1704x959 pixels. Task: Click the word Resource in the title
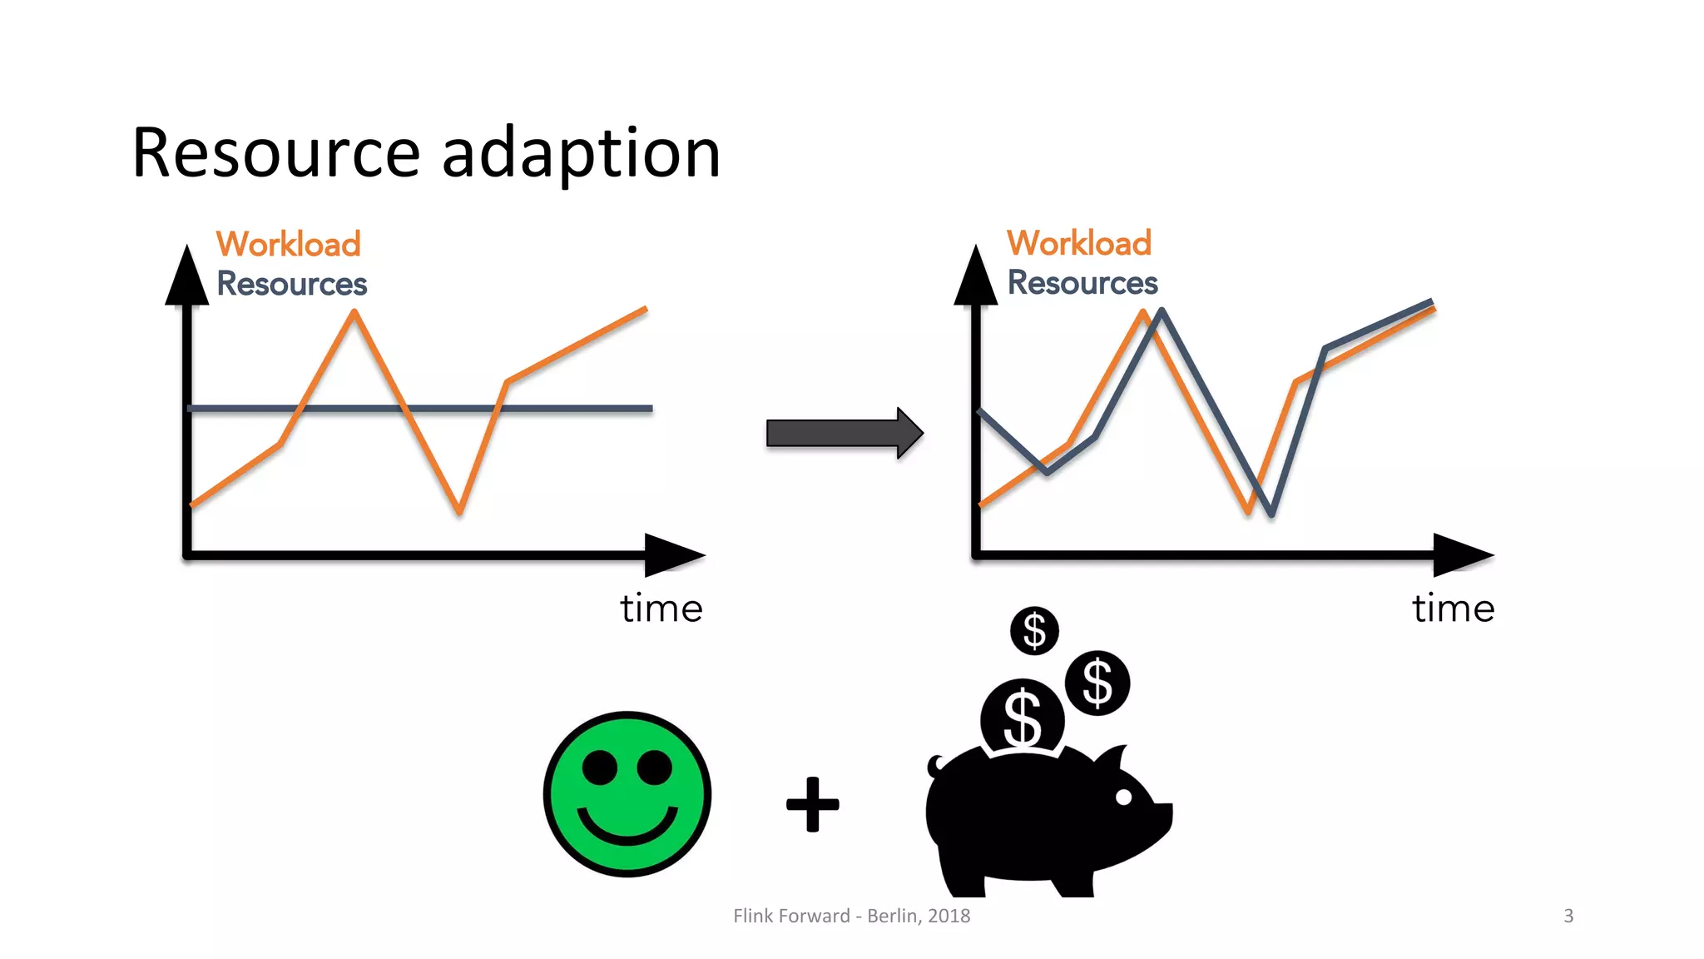coord(275,153)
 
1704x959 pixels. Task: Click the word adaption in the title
coord(581,155)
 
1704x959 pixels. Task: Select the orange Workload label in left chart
coord(288,244)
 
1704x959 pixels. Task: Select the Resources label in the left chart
coord(291,284)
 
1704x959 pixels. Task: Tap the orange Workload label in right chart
coord(1078,243)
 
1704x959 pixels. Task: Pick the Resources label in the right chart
coord(1082,283)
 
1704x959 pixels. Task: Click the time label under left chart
coord(661,609)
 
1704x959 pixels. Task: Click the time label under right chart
coord(1453,609)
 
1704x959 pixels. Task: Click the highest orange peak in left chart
coord(354,313)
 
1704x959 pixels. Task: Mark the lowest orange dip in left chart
coord(459,510)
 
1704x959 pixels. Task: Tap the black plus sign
coord(812,804)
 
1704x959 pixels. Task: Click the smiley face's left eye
coord(600,767)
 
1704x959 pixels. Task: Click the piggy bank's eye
coord(1123,797)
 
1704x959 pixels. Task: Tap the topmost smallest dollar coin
coord(1034,630)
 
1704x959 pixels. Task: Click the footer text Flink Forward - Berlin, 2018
coord(851,916)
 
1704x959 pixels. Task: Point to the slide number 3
coord(1568,916)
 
